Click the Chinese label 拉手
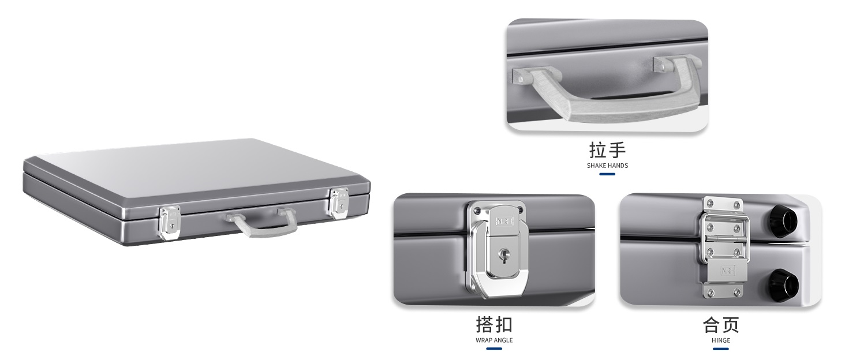pyautogui.click(x=607, y=150)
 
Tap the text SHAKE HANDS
pyautogui.click(x=607, y=166)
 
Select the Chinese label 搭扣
pyautogui.click(x=494, y=324)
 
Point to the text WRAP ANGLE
pyautogui.click(x=494, y=340)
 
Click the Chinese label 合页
pyautogui.click(x=721, y=324)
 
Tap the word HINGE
pyautogui.click(x=721, y=340)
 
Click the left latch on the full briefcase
pyautogui.click(x=169, y=223)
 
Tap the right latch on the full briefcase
pyautogui.click(x=338, y=202)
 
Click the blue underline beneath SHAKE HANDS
pyautogui.click(x=607, y=174)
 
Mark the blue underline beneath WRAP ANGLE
pyautogui.click(x=494, y=348)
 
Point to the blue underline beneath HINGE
pyautogui.click(x=721, y=348)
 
